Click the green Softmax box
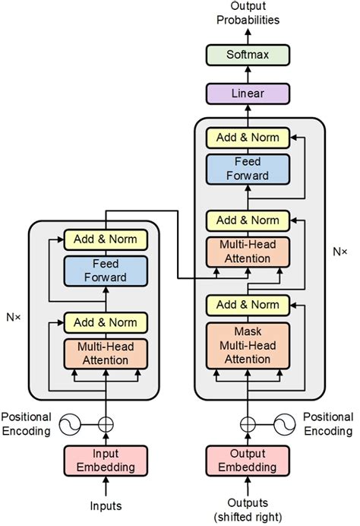point(247,55)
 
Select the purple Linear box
point(247,93)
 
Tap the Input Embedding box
point(105,461)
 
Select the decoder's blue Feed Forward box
point(247,169)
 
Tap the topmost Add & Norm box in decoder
point(247,138)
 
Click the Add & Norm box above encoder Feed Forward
point(105,239)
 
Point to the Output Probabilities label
point(247,14)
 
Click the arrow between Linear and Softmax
point(247,74)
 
